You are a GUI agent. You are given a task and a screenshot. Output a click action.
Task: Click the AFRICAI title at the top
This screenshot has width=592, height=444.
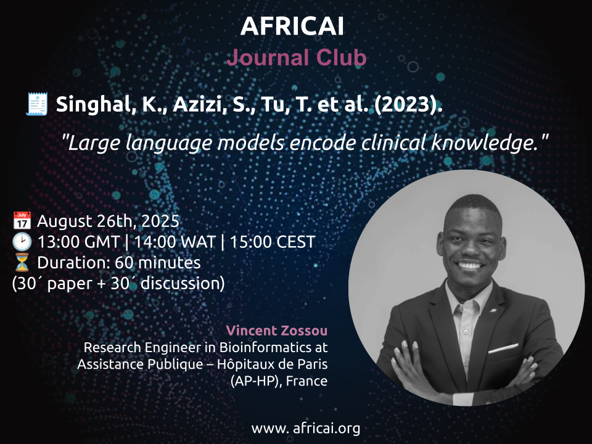[292, 26]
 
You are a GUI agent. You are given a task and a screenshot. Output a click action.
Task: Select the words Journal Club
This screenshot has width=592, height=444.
[297, 57]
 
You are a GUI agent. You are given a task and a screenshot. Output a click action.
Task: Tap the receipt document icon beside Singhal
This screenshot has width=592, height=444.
[36, 104]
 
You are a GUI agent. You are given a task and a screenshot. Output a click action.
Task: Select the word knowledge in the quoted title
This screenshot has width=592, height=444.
[485, 143]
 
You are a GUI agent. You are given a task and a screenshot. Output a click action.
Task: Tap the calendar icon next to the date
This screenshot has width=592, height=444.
[22, 221]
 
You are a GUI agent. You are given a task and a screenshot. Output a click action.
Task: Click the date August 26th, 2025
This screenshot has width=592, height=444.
[108, 221]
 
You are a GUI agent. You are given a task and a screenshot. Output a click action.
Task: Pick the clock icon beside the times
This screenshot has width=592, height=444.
[22, 242]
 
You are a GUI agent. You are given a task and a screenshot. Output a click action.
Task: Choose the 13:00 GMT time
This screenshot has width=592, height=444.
[78, 242]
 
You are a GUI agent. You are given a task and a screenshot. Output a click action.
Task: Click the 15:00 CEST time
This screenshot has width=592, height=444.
[272, 242]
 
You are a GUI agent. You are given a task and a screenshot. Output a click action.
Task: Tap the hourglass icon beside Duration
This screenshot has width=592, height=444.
[22, 263]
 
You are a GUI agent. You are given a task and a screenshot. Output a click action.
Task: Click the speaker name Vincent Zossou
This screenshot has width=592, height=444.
[277, 331]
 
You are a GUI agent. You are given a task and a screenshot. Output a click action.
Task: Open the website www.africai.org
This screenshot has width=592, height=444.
[306, 429]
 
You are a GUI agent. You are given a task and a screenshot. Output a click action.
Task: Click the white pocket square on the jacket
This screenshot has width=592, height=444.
[503, 348]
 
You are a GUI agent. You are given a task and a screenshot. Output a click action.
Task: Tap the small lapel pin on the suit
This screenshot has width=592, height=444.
[493, 310]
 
